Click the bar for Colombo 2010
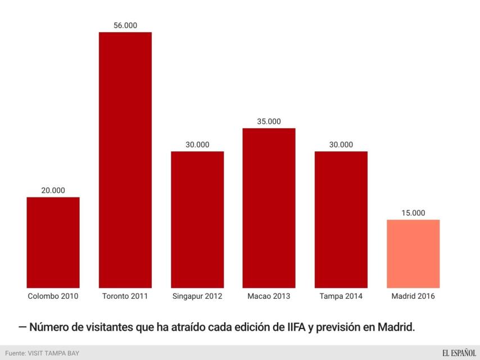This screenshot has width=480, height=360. click(x=53, y=242)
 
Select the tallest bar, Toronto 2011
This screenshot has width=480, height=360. click(x=125, y=160)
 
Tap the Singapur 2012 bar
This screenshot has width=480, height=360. click(x=197, y=220)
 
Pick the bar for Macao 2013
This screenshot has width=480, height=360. click(x=269, y=208)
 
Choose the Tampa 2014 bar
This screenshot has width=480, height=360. click(x=341, y=220)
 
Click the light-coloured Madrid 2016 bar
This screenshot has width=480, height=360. click(x=413, y=254)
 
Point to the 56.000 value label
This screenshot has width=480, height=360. click(x=125, y=25)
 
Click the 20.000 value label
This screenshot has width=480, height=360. click(x=53, y=191)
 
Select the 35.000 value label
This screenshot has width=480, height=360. click(x=269, y=121)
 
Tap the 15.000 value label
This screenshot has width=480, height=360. click(x=413, y=213)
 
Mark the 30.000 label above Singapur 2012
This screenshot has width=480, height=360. click(x=197, y=145)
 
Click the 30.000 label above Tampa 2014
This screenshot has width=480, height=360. click(x=341, y=145)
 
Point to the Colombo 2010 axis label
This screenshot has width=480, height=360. click(x=53, y=296)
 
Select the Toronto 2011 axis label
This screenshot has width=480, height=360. click(x=125, y=296)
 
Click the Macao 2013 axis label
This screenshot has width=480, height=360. click(x=269, y=296)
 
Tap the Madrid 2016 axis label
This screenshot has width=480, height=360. click(x=413, y=296)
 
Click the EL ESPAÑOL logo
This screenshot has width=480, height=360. click(x=459, y=353)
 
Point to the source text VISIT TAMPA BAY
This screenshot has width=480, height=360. click(x=53, y=353)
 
